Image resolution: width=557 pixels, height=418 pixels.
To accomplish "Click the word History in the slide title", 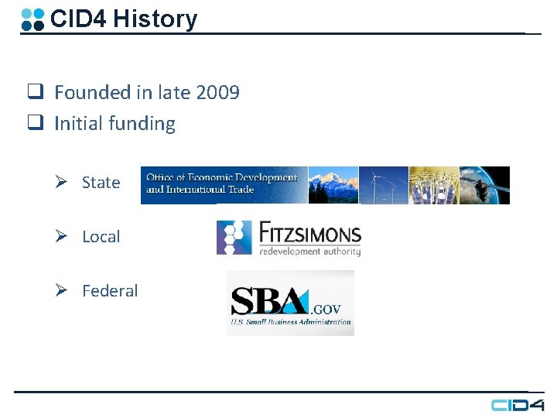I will click(x=155, y=19).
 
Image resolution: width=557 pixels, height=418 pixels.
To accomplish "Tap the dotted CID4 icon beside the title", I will click(x=32, y=19).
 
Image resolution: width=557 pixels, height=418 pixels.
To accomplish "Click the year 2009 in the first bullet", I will click(x=218, y=93).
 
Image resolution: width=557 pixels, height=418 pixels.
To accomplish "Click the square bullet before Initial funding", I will click(x=35, y=124).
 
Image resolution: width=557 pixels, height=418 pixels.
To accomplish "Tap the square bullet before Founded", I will click(x=35, y=93).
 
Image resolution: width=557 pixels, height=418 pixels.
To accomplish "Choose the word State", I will click(x=101, y=183).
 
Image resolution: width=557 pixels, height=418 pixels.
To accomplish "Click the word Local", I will click(x=101, y=237).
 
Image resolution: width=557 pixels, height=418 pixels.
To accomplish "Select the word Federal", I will click(x=110, y=291).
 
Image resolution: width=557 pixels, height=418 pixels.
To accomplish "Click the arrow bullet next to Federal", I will click(x=68, y=291).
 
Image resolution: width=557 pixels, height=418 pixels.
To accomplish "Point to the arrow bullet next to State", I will click(x=68, y=183).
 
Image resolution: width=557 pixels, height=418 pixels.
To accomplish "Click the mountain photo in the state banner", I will click(x=333, y=185).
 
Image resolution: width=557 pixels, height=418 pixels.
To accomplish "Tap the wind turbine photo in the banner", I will click(x=383, y=185).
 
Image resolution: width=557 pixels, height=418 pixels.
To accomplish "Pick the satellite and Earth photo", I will click(x=485, y=185).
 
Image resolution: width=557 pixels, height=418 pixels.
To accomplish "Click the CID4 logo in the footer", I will click(x=518, y=405).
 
